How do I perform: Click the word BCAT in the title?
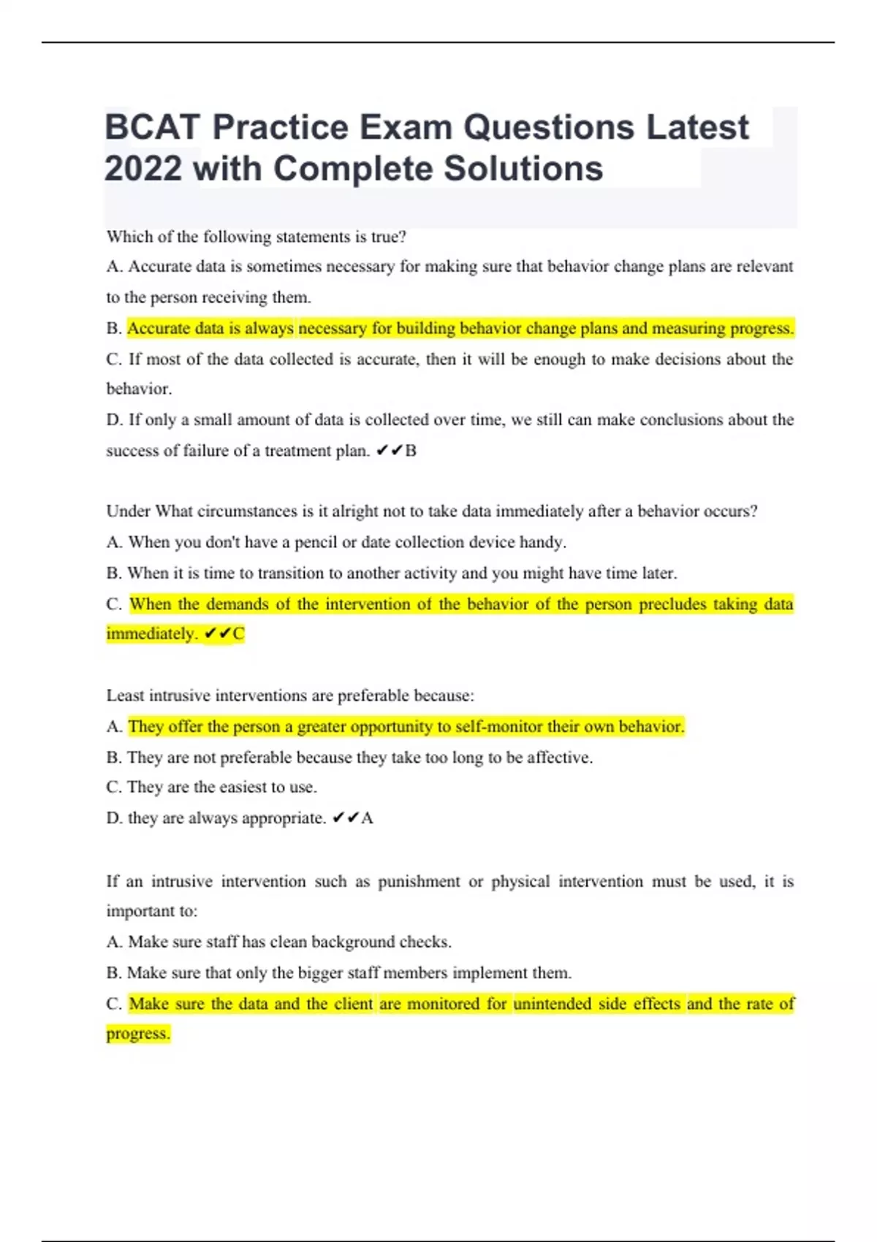pyautogui.click(x=152, y=127)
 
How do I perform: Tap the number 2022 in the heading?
pyautogui.click(x=143, y=169)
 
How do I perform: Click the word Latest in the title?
pyautogui.click(x=697, y=127)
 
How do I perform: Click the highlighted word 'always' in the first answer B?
pyautogui.click(x=269, y=328)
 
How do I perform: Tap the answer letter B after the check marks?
pyautogui.click(x=411, y=451)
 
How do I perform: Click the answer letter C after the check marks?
pyautogui.click(x=238, y=633)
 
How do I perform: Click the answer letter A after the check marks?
pyautogui.click(x=367, y=818)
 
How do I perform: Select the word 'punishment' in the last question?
pyautogui.click(x=419, y=882)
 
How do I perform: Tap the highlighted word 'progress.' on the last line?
pyautogui.click(x=138, y=1034)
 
